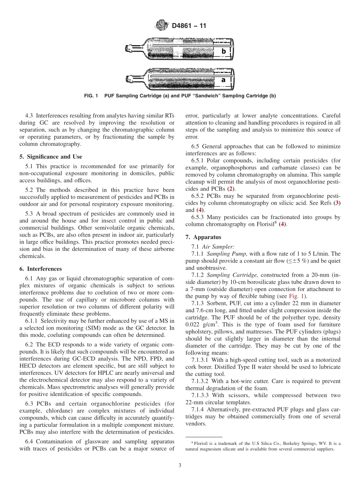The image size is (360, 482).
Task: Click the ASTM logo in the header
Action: click(x=161, y=26)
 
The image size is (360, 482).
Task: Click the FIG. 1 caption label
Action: click(x=91, y=96)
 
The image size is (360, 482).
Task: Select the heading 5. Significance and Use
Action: click(x=50, y=156)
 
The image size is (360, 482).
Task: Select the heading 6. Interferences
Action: click(x=40, y=269)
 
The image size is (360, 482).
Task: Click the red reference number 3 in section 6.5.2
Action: click(x=337, y=203)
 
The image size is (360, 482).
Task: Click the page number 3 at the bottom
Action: click(x=180, y=466)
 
